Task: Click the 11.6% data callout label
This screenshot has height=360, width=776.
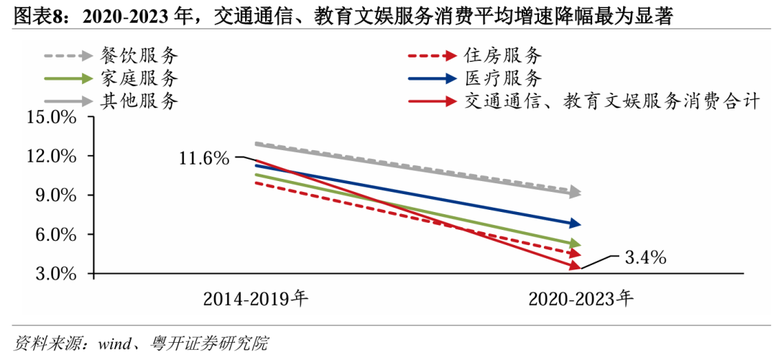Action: click(x=204, y=158)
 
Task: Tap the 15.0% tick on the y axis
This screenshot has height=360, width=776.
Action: click(x=51, y=117)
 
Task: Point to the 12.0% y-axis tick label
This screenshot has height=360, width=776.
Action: click(x=51, y=156)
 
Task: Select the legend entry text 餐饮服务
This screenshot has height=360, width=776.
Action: click(x=139, y=55)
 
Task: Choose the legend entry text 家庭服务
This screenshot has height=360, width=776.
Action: click(x=139, y=78)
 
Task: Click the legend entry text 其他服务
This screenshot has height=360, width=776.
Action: click(x=139, y=101)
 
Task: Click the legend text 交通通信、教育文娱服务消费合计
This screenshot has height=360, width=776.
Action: click(x=611, y=101)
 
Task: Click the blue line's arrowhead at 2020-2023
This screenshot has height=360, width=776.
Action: click(x=575, y=223)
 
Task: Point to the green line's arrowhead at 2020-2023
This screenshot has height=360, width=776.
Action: click(x=575, y=244)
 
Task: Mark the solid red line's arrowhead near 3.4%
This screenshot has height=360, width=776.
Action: click(x=575, y=266)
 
